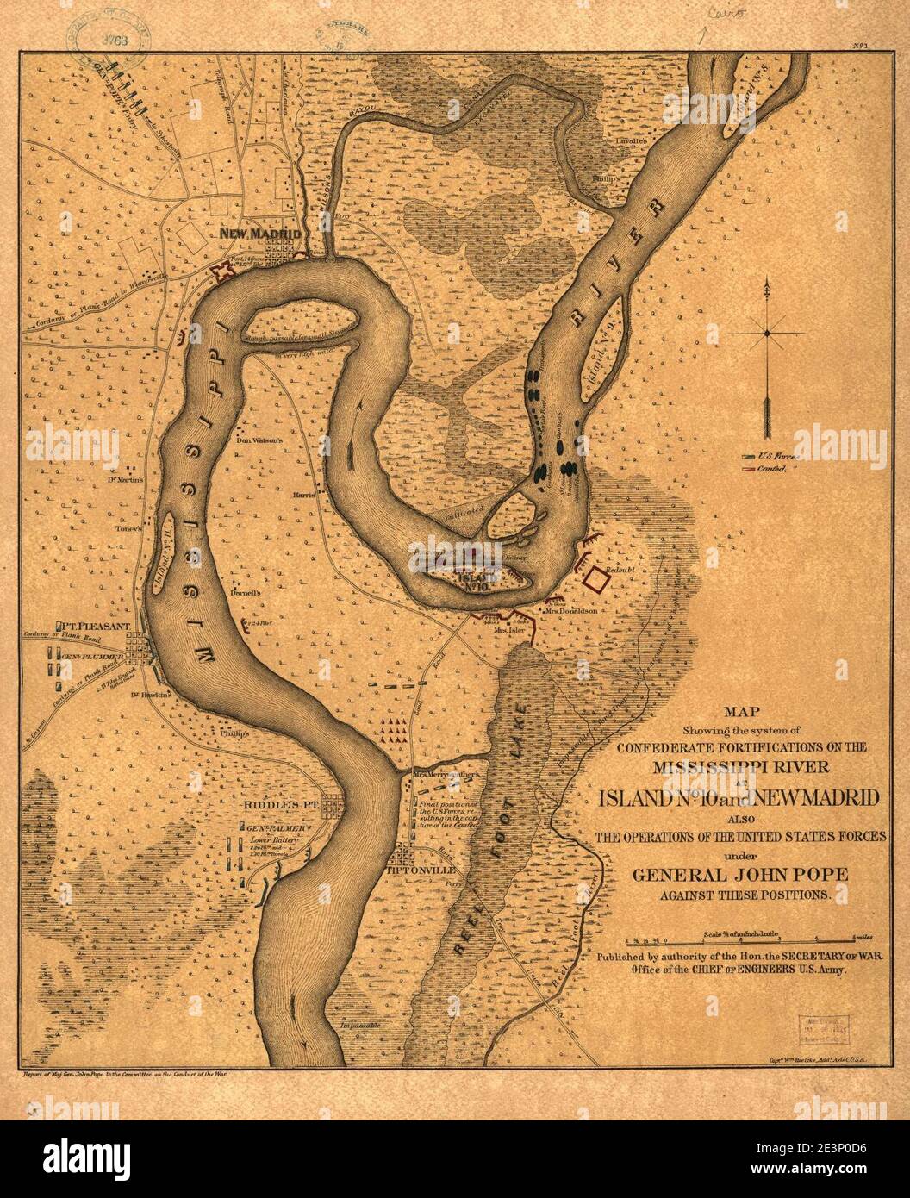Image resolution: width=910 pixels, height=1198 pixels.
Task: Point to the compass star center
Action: point(765,332)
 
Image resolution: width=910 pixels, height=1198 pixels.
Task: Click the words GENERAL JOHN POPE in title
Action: point(740,874)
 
